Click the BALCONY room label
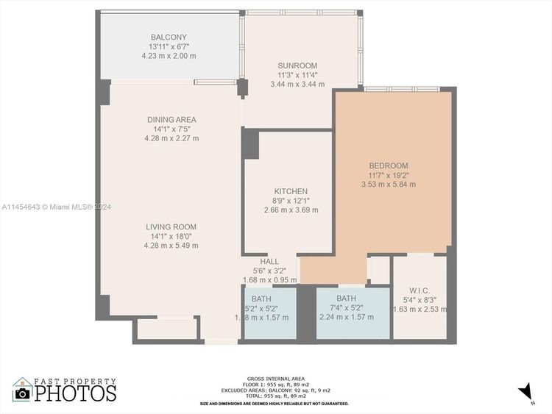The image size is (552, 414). [x=169, y=38]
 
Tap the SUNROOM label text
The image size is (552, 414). [x=298, y=65]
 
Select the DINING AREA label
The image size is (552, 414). [x=171, y=120]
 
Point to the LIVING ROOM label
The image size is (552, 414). [x=171, y=227]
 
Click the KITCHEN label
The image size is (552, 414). [x=291, y=191]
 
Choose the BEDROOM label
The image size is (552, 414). [x=388, y=165]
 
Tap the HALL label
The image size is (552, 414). [x=269, y=261]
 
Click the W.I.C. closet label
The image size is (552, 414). [x=420, y=290]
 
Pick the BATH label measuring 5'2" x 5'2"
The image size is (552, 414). [x=261, y=299]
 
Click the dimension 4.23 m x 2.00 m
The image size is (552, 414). [x=171, y=56]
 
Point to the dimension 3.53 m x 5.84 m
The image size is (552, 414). [x=389, y=185]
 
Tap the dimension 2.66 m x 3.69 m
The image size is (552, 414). [x=291, y=210]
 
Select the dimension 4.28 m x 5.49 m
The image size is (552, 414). [x=171, y=246]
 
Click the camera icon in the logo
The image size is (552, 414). [x=22, y=393]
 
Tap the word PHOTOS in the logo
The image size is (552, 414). [x=76, y=393]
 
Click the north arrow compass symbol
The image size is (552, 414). [x=526, y=391]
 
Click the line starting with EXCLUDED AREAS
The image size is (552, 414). [x=275, y=390]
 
